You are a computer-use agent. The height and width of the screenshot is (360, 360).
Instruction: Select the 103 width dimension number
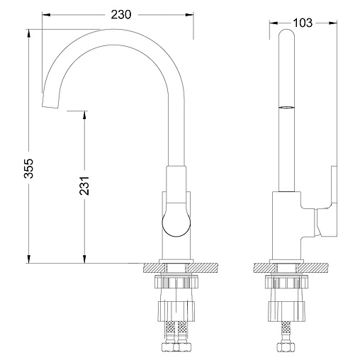coord(303,23)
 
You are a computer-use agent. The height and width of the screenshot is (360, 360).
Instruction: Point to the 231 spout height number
coord(84,186)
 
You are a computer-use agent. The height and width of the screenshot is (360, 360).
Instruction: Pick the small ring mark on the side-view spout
coord(286,107)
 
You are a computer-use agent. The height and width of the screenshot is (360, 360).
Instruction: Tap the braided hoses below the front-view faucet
coord(175,335)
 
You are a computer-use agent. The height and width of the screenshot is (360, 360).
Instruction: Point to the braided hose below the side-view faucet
coord(286,335)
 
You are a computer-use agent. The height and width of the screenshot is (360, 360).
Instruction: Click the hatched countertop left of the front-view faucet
coord(152,267)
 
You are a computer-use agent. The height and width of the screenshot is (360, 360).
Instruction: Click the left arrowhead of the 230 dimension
coord(45,13)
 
